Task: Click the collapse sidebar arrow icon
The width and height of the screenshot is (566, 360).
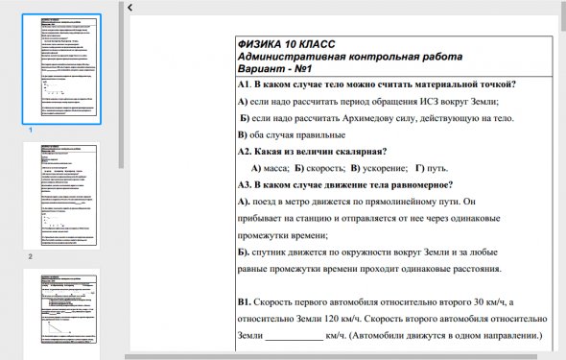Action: pos(130,8)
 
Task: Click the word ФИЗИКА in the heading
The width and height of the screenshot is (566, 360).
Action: pos(264,44)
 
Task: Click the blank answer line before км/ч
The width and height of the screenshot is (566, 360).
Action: pos(294,337)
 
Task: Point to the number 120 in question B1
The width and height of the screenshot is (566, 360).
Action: pos(355,320)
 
